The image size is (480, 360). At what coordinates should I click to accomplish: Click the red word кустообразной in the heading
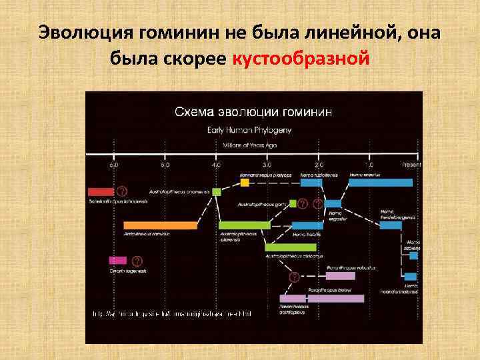click(x=299, y=59)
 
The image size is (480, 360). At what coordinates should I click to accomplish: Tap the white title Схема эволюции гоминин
click(x=253, y=111)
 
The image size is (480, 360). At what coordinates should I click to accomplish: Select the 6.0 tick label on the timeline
click(x=114, y=163)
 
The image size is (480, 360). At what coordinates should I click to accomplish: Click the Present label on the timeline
click(x=411, y=163)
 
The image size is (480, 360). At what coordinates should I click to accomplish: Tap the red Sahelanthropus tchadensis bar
click(x=101, y=191)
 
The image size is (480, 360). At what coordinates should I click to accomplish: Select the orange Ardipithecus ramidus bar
click(x=160, y=225)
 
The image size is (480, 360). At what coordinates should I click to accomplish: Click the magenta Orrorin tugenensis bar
click(x=117, y=260)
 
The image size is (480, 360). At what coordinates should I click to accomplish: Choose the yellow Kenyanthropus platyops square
click(x=245, y=182)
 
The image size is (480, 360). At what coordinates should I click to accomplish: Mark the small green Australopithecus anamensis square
click(x=216, y=191)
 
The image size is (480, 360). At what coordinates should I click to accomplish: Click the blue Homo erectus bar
click(x=380, y=182)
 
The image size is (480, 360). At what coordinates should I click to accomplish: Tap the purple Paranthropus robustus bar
click(x=340, y=275)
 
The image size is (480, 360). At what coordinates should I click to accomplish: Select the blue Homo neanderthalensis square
click(x=410, y=276)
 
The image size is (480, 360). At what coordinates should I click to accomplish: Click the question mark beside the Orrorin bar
click(x=137, y=260)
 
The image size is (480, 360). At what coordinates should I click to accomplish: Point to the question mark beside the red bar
click(x=121, y=190)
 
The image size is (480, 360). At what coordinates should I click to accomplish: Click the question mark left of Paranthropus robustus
click(x=294, y=276)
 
